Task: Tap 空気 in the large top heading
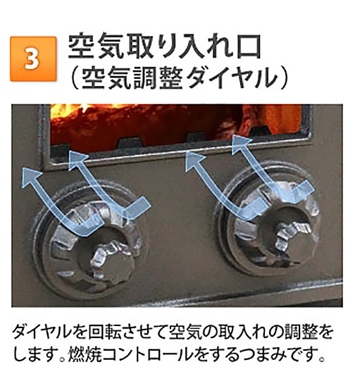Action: (x=97, y=44)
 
